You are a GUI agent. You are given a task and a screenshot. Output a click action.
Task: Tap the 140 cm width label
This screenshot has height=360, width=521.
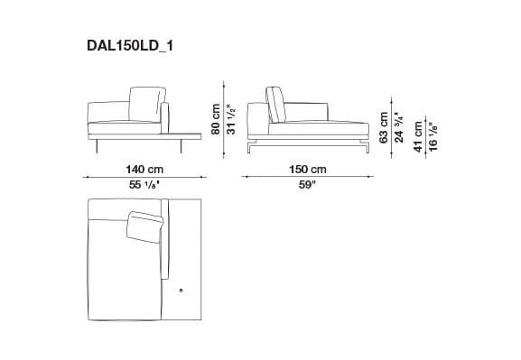(144, 170)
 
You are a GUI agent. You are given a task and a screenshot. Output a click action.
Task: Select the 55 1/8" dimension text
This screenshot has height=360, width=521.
(144, 185)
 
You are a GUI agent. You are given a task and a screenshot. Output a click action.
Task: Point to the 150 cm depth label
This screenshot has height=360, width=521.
(308, 170)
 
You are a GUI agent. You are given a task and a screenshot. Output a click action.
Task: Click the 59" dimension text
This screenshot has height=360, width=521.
(308, 185)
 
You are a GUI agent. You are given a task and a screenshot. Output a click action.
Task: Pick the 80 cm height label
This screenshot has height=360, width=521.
(216, 117)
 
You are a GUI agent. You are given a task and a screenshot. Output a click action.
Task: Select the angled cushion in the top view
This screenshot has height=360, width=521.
(144, 225)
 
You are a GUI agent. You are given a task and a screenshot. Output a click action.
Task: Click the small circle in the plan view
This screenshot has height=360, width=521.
(181, 290)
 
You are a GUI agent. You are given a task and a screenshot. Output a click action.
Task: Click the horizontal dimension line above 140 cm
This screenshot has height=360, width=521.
(144, 178)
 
